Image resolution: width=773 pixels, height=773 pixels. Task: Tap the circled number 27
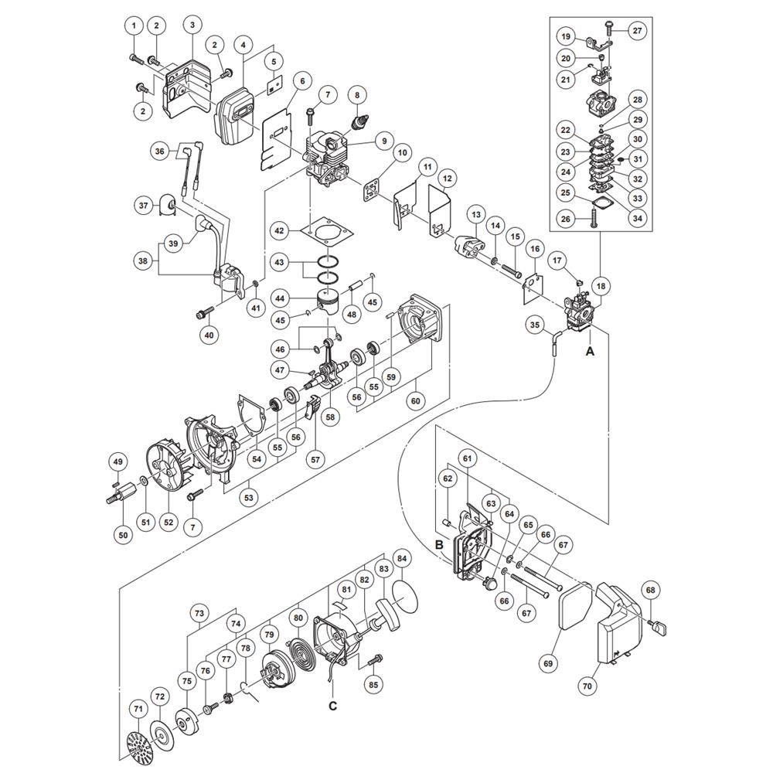click(637, 31)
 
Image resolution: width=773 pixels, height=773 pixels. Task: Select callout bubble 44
click(279, 298)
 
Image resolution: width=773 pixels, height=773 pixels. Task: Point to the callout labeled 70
click(587, 685)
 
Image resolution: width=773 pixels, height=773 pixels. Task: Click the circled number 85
click(374, 684)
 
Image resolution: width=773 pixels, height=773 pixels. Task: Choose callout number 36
click(160, 152)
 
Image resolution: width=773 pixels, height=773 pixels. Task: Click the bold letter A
click(590, 351)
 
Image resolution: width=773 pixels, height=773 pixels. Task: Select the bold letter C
click(333, 706)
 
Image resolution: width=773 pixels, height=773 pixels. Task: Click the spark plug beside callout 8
click(359, 123)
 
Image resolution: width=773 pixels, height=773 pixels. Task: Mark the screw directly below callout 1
click(135, 57)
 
